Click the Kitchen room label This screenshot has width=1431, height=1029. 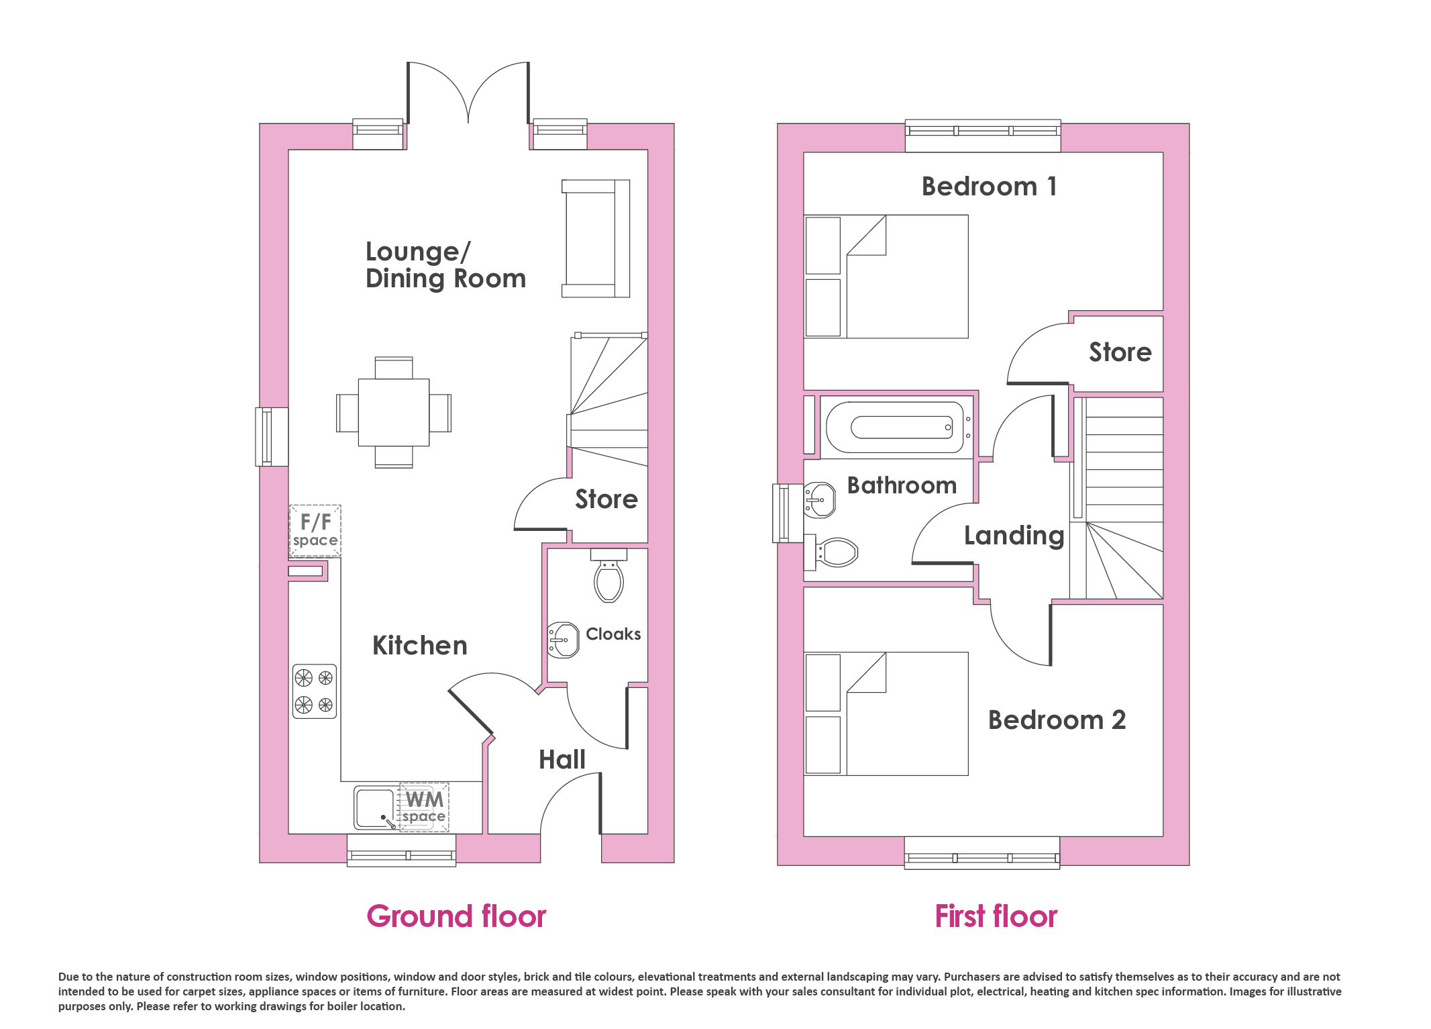(x=420, y=646)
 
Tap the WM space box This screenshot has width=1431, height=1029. (x=424, y=807)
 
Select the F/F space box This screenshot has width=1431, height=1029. (x=315, y=530)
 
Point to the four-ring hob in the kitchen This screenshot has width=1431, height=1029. (x=315, y=691)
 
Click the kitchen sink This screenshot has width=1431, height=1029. (x=374, y=808)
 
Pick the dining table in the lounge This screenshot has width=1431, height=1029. (x=394, y=412)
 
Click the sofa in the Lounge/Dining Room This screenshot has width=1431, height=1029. (x=596, y=238)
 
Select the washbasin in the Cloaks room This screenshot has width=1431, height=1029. (x=563, y=640)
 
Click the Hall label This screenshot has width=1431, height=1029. (x=562, y=760)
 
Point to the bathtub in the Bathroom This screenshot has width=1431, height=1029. (x=896, y=428)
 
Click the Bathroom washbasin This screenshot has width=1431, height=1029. (x=819, y=500)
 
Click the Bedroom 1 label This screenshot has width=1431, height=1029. (x=990, y=187)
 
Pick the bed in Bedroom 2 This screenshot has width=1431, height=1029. (x=886, y=714)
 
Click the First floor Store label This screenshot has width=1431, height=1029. (x=1120, y=352)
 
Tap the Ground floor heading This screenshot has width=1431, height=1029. (x=456, y=916)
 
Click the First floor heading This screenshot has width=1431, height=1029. (x=996, y=916)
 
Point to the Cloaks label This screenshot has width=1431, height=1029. (x=613, y=634)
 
